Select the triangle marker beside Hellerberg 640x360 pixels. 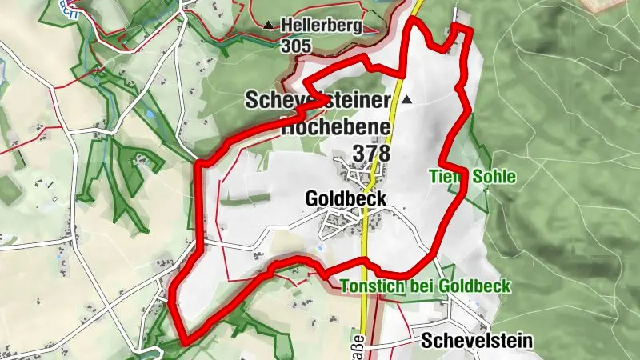[x=267, y=26]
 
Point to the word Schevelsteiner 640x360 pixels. [x=317, y=100]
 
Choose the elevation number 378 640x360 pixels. [x=370, y=151]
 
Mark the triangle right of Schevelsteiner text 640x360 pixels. [x=407, y=100]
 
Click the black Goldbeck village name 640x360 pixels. [x=346, y=198]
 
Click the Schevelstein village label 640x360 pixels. [x=476, y=340]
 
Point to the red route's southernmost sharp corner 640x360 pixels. [x=186, y=342]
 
